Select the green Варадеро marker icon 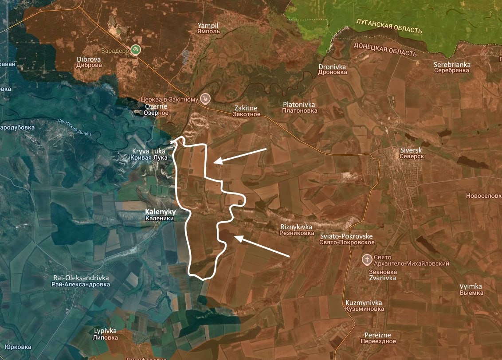136,50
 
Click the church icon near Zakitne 205,98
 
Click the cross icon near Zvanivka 367,259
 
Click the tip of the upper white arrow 213,163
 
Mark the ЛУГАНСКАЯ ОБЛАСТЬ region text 388,26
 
